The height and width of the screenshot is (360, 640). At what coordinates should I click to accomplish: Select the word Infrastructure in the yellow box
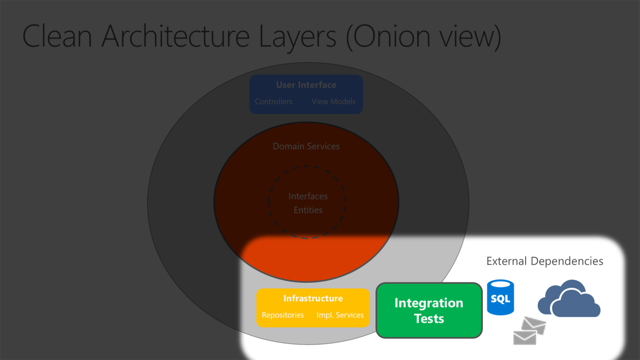coord(313,299)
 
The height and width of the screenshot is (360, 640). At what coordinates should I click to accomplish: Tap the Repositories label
coord(283,315)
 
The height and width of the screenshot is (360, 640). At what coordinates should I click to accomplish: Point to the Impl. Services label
coord(340,315)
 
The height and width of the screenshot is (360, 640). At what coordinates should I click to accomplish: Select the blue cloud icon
coord(568,300)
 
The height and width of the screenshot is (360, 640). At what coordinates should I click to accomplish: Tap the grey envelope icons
coord(529,330)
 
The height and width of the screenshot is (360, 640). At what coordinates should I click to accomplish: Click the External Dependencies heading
coord(544,261)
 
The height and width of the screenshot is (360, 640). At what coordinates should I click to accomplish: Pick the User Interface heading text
coord(306,85)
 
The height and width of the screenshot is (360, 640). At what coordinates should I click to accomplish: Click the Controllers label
coord(273,101)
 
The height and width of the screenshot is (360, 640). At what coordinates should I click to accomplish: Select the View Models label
coord(333,101)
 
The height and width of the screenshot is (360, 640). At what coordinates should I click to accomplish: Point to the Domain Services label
coord(306,147)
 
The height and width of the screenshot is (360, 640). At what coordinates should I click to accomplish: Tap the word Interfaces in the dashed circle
coord(308,196)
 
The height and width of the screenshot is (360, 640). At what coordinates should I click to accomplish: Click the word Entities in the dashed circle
coord(308,210)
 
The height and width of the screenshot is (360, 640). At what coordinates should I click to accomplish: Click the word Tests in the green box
coord(429,319)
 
